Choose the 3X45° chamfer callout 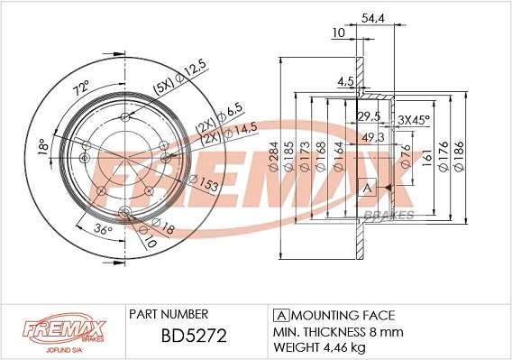414,119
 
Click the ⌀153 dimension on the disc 202,183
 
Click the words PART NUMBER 169,314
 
